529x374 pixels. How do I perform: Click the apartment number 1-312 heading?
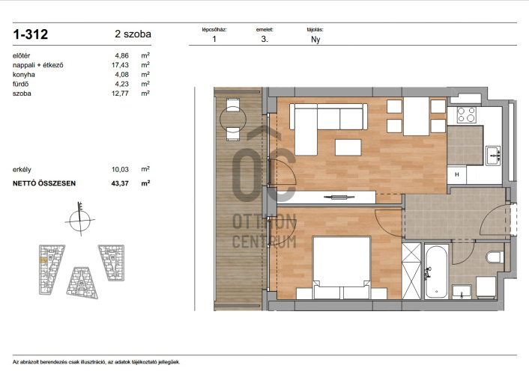(x=31, y=34)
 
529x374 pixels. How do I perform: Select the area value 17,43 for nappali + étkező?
(x=120, y=65)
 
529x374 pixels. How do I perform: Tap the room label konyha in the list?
(x=24, y=75)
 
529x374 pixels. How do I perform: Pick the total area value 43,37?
(x=120, y=183)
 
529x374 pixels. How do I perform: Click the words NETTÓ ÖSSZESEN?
(x=44, y=183)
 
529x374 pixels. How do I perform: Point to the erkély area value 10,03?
(x=120, y=170)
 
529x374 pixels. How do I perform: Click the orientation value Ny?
(x=315, y=40)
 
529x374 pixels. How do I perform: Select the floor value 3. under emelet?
(x=264, y=39)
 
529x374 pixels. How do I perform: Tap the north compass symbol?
(x=80, y=220)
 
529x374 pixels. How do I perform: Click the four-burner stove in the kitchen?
(x=467, y=114)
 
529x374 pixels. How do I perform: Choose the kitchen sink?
(x=493, y=156)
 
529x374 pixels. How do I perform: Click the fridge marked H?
(x=457, y=174)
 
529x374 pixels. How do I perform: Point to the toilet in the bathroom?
(x=495, y=257)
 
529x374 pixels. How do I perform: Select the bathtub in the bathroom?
(x=436, y=272)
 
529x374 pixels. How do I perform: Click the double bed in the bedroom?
(x=342, y=267)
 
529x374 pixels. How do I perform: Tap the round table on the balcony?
(x=233, y=119)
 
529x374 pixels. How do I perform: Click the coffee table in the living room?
(x=348, y=147)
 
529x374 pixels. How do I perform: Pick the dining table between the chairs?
(x=417, y=116)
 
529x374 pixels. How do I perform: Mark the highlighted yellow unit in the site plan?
(x=43, y=260)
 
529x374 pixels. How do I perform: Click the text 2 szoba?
(x=133, y=34)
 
